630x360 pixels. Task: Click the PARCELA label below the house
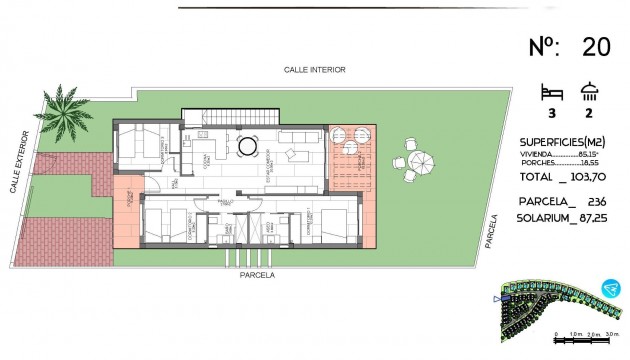click(x=257, y=274)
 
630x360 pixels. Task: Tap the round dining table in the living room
click(x=246, y=148)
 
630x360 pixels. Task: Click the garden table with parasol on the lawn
click(x=415, y=161)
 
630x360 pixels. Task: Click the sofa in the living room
click(x=297, y=155)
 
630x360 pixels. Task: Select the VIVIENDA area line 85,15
click(x=566, y=154)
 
